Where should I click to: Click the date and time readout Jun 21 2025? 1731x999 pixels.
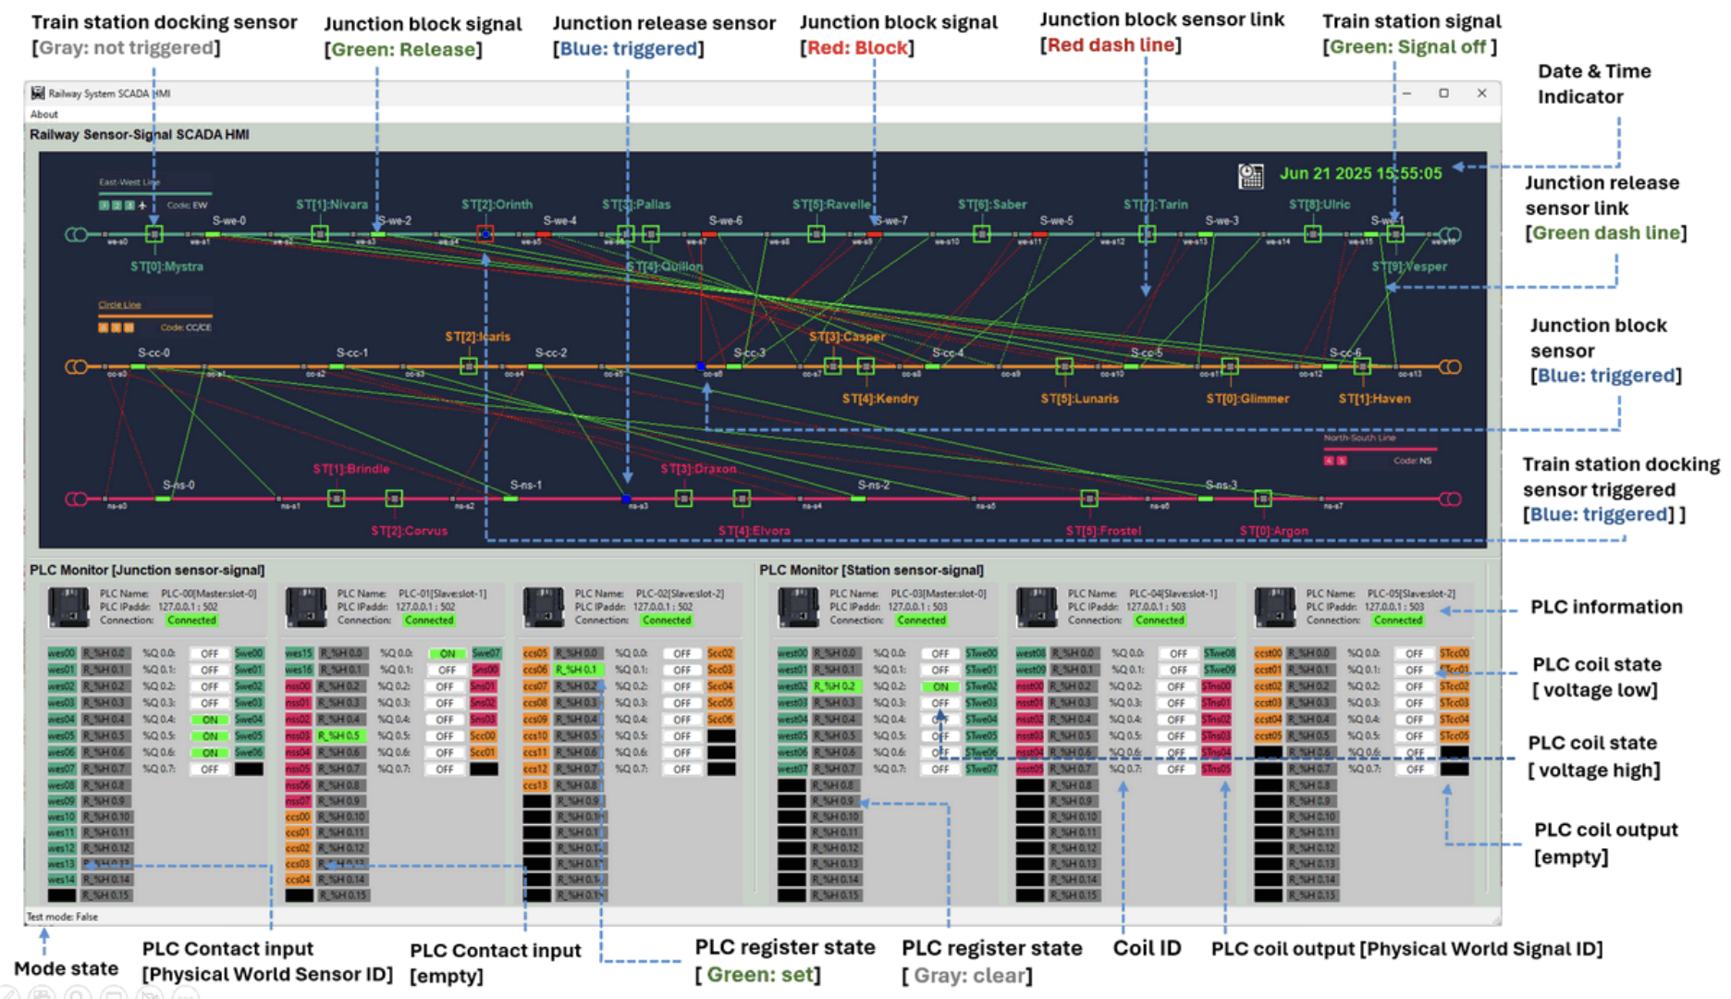click(1360, 173)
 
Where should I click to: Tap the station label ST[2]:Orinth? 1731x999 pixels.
click(497, 204)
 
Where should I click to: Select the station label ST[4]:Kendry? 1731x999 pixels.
click(879, 399)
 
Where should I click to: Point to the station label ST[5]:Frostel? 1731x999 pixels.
click(1103, 531)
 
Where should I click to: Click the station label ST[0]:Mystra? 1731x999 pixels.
click(166, 266)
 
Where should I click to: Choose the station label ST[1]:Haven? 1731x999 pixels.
click(1374, 399)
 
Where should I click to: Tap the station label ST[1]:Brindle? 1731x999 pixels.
click(350, 469)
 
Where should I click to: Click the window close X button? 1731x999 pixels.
click(1481, 93)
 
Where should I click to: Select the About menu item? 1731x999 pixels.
click(43, 115)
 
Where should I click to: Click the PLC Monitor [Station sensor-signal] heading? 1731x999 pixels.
click(871, 570)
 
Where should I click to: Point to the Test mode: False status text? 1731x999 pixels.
click(62, 917)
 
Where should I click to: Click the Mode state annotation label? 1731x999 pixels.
click(66, 968)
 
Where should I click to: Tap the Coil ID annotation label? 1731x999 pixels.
click(1147, 948)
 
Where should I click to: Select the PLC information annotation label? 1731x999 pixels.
click(1606, 607)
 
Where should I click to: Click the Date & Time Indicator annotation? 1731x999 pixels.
click(1580, 84)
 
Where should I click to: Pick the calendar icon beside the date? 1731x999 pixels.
click(1250, 176)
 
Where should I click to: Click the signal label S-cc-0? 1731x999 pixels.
click(153, 352)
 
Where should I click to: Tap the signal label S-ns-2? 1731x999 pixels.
click(873, 485)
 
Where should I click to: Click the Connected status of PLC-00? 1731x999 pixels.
click(191, 621)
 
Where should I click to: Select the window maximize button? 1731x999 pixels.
click(1443, 93)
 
